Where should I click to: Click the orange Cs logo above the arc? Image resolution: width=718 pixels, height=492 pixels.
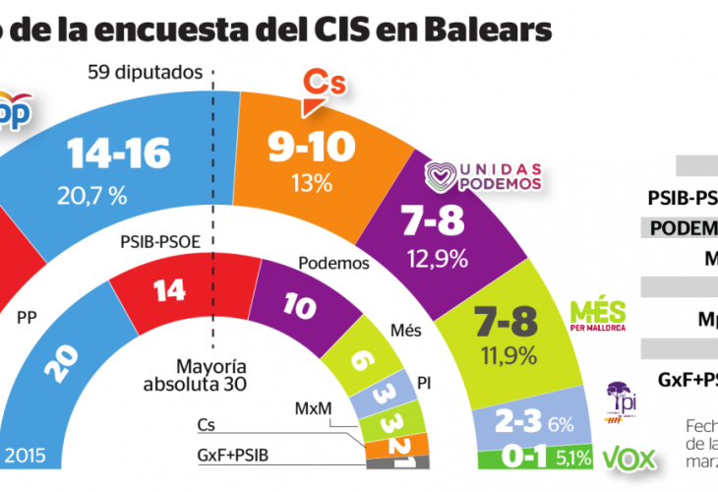coord(324,83)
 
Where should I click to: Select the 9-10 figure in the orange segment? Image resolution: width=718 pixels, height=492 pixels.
coord(305,149)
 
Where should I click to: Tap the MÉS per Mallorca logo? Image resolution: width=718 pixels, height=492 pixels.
coord(597,315)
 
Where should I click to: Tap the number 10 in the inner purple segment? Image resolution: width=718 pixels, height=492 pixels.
coord(297,304)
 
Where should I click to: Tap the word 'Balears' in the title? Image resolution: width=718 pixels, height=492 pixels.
coord(491,29)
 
